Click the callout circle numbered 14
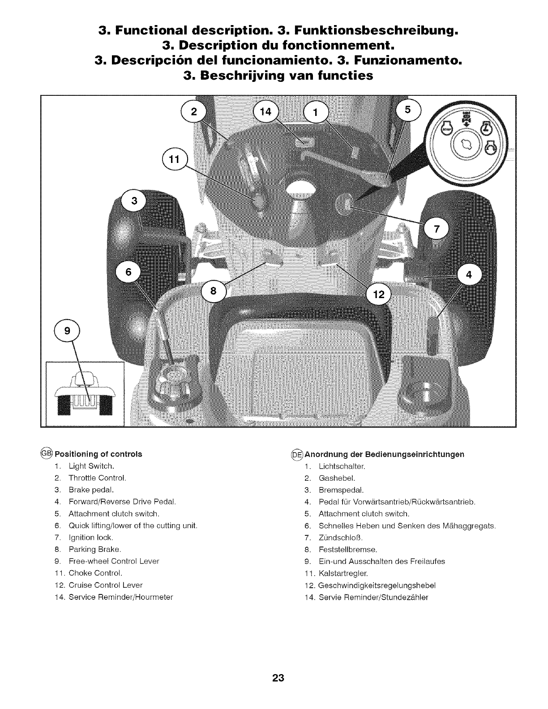coord(266,111)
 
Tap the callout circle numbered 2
coord(193,111)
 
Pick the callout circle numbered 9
coord(67,331)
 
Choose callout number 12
coord(379,295)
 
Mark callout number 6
coord(128,273)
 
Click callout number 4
coord(469,274)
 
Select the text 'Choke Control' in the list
coord(95,573)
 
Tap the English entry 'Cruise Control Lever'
coord(105,585)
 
